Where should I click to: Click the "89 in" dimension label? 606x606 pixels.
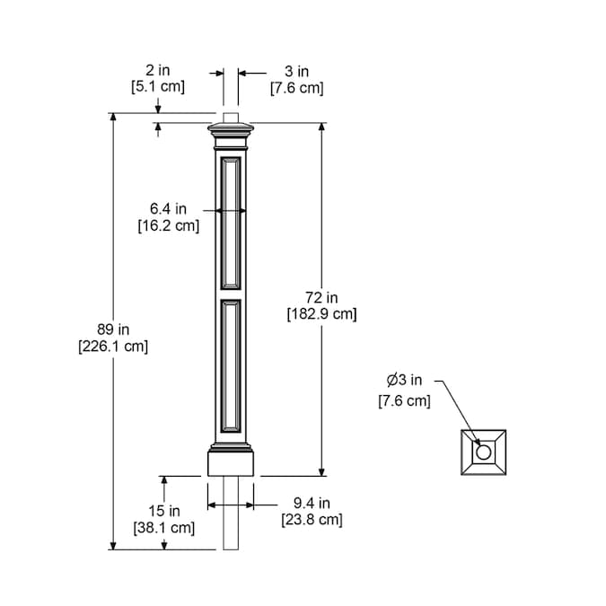[113, 329]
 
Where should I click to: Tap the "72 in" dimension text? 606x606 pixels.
[321, 297]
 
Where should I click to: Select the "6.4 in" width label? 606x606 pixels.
[168, 208]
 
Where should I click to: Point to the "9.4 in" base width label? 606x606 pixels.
[312, 503]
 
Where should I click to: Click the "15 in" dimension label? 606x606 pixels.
[164, 511]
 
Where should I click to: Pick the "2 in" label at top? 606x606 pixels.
[158, 70]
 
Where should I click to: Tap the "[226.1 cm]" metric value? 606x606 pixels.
[113, 347]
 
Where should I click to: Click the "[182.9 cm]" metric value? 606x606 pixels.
[322, 314]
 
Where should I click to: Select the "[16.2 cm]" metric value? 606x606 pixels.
[169, 225]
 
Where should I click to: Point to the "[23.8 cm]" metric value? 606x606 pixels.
[312, 520]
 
